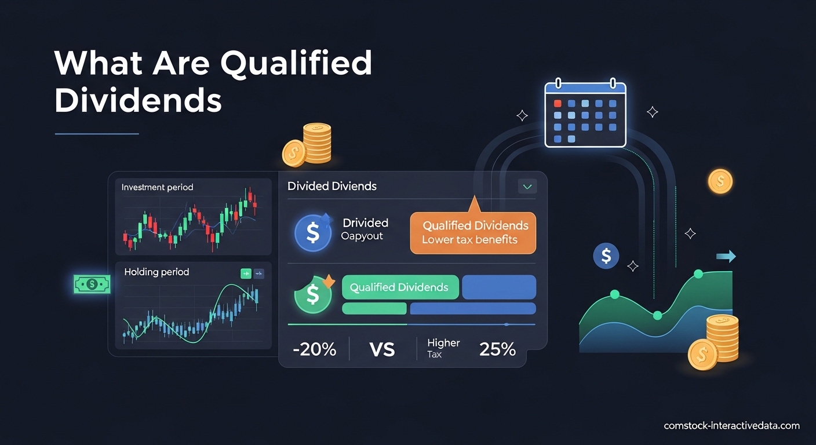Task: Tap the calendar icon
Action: tap(585, 115)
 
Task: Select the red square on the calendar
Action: tap(558, 103)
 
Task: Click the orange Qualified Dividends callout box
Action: tap(473, 232)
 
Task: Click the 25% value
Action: tap(497, 349)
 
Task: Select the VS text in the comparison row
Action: tap(381, 349)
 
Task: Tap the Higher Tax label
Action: tap(443, 348)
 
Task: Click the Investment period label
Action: tap(157, 188)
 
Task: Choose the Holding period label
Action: tap(156, 272)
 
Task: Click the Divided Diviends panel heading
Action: tap(331, 186)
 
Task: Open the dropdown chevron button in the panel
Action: tap(527, 187)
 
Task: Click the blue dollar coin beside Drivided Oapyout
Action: tap(313, 233)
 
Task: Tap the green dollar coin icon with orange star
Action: tap(313, 294)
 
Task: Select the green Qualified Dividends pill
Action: tap(400, 287)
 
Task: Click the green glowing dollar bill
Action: tap(92, 284)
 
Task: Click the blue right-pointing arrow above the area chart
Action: tap(726, 256)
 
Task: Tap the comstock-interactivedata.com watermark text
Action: tap(731, 426)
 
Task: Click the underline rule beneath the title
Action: tap(97, 134)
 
